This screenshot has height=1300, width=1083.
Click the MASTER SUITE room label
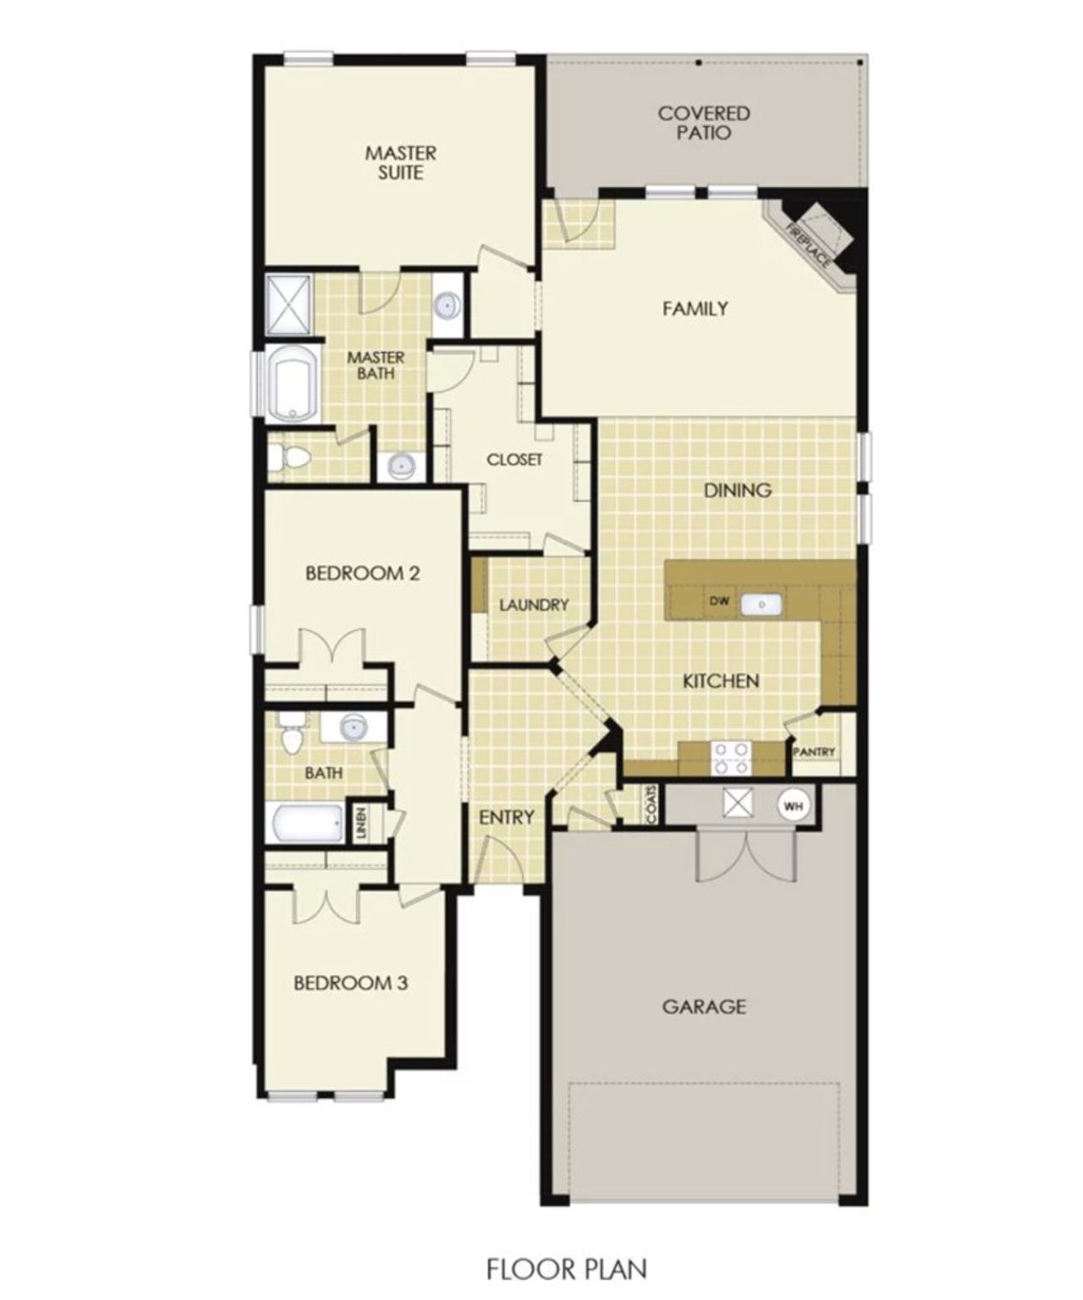point(401,163)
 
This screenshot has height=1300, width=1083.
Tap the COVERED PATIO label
point(704,123)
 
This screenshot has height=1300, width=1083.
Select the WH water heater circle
point(793,805)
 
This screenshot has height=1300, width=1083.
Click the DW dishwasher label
point(719,601)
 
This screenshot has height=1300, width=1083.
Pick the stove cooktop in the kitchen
point(732,758)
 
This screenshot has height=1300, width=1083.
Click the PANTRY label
point(815,752)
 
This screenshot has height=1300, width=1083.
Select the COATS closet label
point(651,804)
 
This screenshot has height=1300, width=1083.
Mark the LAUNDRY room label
point(533,605)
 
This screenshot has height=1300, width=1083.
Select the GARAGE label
point(704,1006)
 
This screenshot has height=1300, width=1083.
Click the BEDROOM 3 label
point(351,983)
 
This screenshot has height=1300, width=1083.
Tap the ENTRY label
point(506,817)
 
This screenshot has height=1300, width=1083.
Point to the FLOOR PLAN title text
point(566,1269)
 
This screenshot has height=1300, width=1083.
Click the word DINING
point(738,490)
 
